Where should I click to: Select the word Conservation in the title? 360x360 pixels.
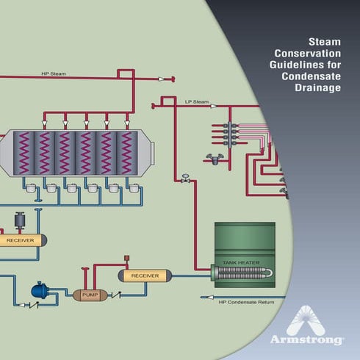point(308,54)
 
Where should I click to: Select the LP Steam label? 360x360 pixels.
point(197,101)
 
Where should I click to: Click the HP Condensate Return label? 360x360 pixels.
point(245,302)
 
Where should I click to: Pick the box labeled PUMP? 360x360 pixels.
point(90,295)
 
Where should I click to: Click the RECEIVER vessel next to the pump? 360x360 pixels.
point(145,276)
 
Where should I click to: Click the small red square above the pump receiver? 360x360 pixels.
point(126,258)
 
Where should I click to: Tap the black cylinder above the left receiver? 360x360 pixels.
point(21,221)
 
